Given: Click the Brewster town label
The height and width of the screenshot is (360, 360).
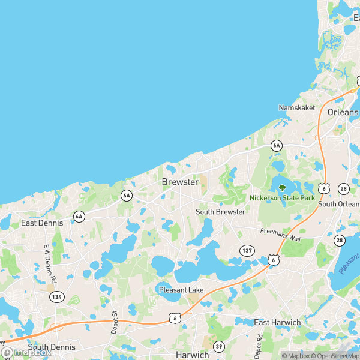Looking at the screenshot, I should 180,181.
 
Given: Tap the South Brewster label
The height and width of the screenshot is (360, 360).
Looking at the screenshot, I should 220,212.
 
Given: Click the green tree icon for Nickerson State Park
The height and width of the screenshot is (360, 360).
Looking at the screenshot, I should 282,188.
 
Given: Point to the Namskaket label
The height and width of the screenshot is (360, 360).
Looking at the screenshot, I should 295,107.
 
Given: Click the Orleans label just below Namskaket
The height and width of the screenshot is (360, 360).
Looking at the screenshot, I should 343,112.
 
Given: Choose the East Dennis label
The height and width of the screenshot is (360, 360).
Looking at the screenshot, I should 42,223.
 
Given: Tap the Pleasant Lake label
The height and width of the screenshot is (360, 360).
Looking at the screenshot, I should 181,290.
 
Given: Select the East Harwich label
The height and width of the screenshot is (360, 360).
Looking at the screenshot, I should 277,322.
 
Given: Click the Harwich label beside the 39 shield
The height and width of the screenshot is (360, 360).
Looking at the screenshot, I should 192,355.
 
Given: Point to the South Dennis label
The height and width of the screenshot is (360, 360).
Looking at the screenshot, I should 52,347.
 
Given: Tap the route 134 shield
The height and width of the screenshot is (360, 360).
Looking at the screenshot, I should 57,296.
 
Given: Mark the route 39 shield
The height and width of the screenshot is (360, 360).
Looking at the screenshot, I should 219,347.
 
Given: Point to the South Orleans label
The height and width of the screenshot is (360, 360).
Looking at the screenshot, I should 340,204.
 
